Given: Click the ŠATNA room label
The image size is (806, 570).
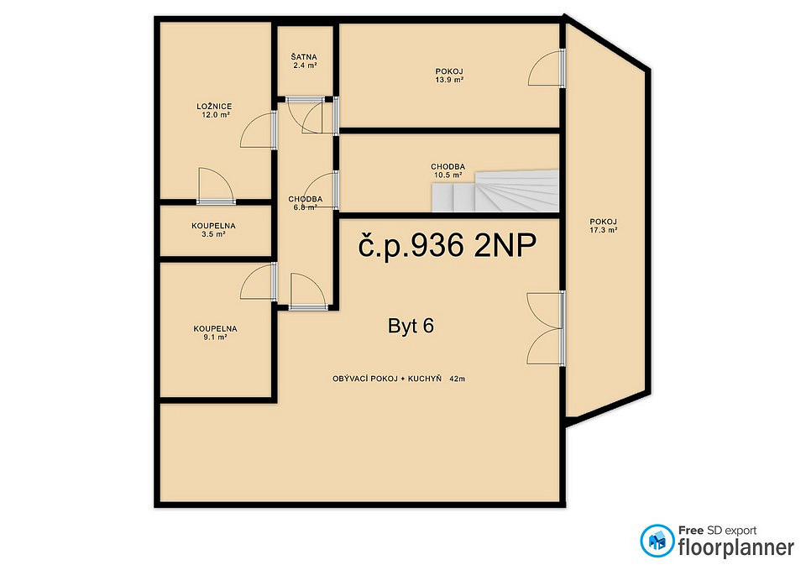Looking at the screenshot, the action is click(x=304, y=57).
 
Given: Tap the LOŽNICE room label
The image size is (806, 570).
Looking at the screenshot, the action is click(x=214, y=107).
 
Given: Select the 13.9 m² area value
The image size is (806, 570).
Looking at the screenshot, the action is click(x=449, y=80).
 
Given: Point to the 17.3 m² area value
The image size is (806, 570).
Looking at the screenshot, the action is click(x=603, y=230).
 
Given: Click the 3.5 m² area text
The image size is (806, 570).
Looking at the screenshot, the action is click(x=213, y=234).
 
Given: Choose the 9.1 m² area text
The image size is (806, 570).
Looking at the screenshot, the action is click(x=215, y=337).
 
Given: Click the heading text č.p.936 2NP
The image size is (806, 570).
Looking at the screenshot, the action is click(x=447, y=244).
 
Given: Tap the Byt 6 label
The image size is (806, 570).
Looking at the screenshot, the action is click(x=411, y=326).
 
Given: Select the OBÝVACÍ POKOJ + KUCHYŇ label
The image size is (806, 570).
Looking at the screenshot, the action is click(x=387, y=379).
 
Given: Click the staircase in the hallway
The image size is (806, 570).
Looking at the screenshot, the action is click(x=495, y=191).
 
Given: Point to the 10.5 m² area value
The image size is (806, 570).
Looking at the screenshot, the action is click(x=447, y=175).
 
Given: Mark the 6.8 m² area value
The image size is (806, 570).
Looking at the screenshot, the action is click(x=305, y=207).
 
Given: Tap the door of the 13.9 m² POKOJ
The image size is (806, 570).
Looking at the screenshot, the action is click(x=547, y=68).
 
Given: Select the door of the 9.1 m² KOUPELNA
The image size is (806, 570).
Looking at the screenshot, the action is click(x=259, y=281).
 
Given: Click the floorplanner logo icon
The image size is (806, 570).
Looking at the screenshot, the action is click(x=657, y=541).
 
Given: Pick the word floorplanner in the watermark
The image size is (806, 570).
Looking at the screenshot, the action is click(x=736, y=547).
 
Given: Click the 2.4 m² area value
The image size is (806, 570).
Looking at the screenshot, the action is click(x=304, y=65).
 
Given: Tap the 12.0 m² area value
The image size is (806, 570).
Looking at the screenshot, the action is click(x=216, y=115).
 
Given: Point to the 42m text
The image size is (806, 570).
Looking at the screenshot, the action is click(x=457, y=379).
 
